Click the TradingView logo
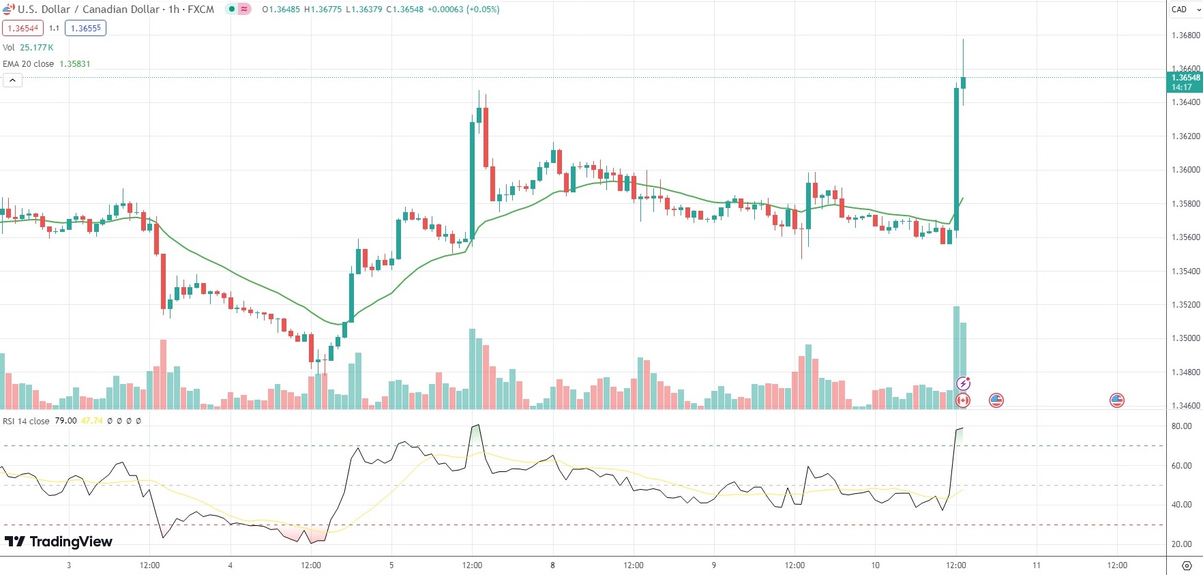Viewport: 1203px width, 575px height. pos(59,542)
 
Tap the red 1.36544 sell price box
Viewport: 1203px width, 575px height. pos(23,28)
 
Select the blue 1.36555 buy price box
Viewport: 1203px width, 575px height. pos(86,28)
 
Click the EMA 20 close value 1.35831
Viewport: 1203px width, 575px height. pos(75,63)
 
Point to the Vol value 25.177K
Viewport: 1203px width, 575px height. pos(37,47)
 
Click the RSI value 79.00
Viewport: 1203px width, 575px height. pos(65,421)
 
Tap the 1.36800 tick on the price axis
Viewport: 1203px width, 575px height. pos(1185,35)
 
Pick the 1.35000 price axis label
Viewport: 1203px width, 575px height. pos(1185,338)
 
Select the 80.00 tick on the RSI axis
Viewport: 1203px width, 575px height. pos(1182,426)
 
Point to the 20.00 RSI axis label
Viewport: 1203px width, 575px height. pos(1182,544)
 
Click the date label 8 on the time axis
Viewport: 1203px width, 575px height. pos(552,565)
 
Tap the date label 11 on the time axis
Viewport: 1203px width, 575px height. pos(1037,565)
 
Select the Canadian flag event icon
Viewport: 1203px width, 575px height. pos(963,400)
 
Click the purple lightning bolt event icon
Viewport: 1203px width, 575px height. pos(963,384)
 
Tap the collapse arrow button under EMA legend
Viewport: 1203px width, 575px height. pos(12,80)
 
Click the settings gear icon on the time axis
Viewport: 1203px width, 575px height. pos(1187,565)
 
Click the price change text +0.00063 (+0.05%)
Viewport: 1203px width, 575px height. pos(464,10)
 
